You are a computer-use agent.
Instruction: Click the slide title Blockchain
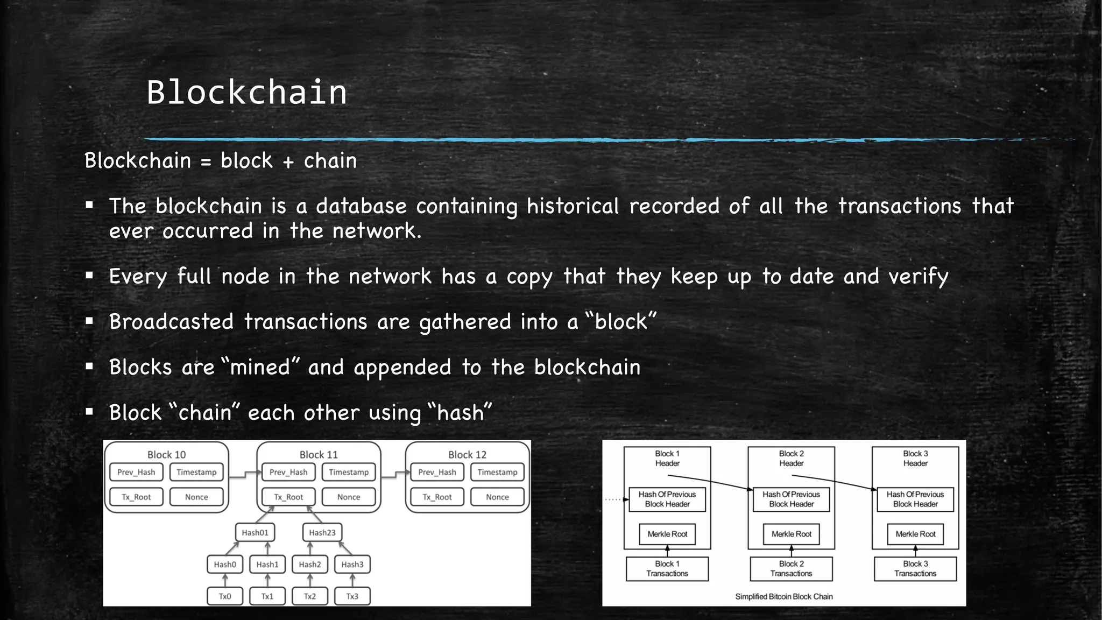[246, 92]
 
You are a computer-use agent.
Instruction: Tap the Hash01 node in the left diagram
[255, 533]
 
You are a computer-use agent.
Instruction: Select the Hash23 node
[322, 533]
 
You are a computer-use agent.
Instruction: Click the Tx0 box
[225, 596]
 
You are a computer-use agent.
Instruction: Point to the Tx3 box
[352, 596]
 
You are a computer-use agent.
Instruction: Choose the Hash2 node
[310, 565]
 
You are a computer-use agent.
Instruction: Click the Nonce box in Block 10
[196, 497]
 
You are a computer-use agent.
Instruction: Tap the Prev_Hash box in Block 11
[288, 473]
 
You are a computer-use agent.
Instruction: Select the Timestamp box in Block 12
[497, 473]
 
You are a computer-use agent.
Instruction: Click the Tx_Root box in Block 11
[288, 497]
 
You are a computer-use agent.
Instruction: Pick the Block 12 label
[467, 455]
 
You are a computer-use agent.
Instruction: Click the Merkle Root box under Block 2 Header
[791, 534]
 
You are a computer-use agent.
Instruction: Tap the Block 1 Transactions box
[667, 569]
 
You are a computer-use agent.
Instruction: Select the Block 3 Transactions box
[915, 569]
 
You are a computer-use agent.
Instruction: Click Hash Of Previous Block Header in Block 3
[915, 499]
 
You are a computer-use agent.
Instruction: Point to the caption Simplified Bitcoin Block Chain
[784, 597]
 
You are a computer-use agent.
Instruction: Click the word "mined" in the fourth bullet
[260, 368]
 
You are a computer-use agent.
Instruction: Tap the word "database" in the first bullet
[361, 206]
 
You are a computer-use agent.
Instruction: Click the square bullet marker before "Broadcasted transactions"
[89, 321]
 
